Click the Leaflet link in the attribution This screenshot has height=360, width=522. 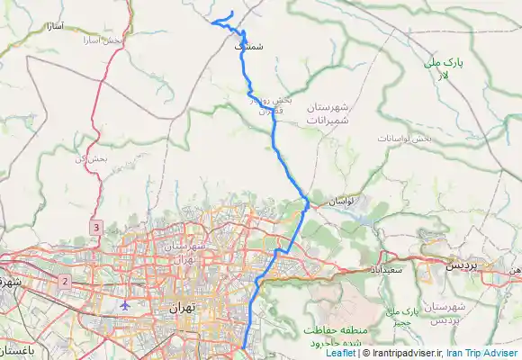340,353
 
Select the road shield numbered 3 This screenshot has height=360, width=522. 95,229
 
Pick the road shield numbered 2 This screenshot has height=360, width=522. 66,282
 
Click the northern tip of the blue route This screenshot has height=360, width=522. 233,12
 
